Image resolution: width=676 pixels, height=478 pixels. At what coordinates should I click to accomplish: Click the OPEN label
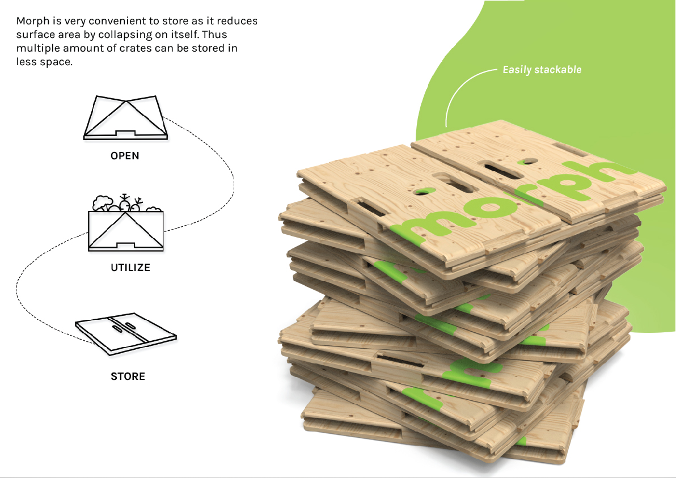click(x=125, y=155)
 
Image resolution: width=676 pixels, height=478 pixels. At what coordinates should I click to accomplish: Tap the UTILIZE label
click(x=130, y=267)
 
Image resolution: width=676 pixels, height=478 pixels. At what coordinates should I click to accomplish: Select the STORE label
click(x=128, y=376)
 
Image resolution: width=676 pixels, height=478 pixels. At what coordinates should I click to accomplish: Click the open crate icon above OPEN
click(x=125, y=117)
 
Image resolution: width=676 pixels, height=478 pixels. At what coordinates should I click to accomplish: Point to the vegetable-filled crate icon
click(x=126, y=224)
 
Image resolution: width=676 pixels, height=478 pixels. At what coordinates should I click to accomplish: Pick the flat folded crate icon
click(x=125, y=335)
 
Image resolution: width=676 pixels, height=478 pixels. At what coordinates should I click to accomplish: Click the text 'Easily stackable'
click(x=542, y=70)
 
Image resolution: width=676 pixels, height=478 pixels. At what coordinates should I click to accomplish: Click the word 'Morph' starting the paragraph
click(x=31, y=22)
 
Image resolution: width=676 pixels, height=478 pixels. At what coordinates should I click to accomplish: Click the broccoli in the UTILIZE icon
click(x=102, y=203)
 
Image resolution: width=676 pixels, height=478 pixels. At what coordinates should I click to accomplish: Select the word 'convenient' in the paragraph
click(x=100, y=22)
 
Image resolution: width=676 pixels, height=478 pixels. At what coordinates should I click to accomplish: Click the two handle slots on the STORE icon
click(x=121, y=327)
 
